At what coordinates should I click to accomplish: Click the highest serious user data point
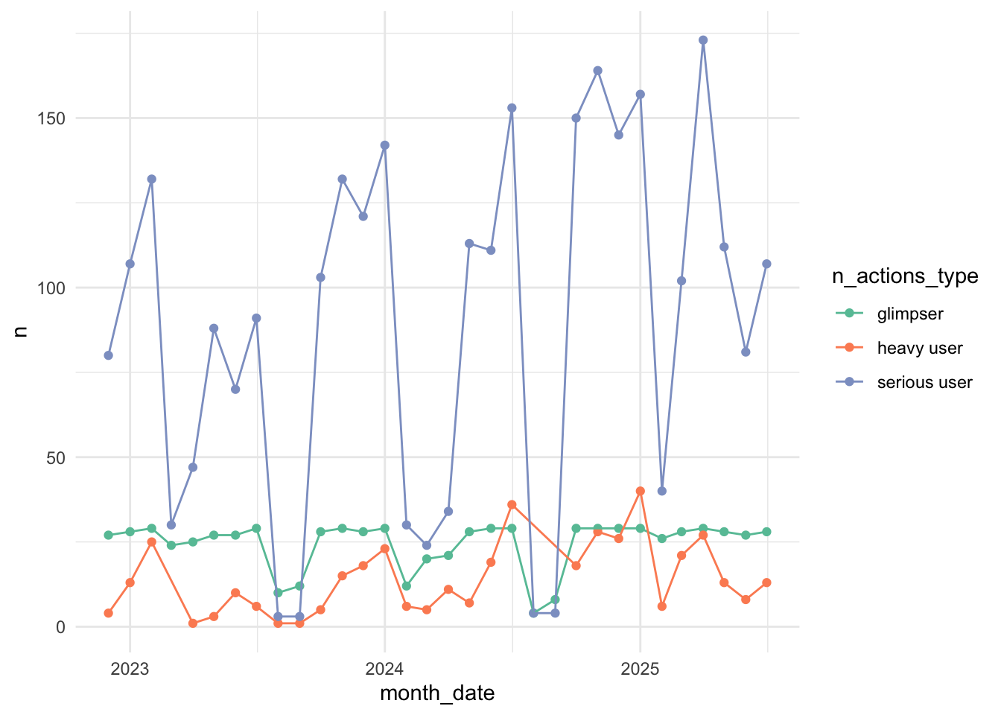(x=703, y=40)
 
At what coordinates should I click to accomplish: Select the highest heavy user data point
(x=640, y=491)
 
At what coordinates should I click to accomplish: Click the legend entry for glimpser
(x=910, y=314)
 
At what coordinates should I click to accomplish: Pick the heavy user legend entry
(x=920, y=349)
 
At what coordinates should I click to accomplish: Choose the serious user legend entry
(x=924, y=383)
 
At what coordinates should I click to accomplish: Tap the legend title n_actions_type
(x=905, y=276)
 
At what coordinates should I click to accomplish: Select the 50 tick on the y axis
(x=57, y=457)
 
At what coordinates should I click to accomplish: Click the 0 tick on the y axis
(x=60, y=627)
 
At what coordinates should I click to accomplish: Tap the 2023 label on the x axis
(x=130, y=669)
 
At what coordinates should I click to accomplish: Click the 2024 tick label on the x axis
(x=384, y=669)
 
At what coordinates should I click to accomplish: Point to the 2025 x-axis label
(x=640, y=669)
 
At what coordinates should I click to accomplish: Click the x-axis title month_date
(x=437, y=693)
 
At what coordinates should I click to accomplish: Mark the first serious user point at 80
(x=109, y=355)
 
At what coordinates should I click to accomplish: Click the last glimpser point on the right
(x=766, y=532)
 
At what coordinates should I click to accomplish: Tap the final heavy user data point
(x=766, y=582)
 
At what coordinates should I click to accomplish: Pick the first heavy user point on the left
(x=109, y=613)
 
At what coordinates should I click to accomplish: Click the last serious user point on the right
(x=766, y=264)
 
